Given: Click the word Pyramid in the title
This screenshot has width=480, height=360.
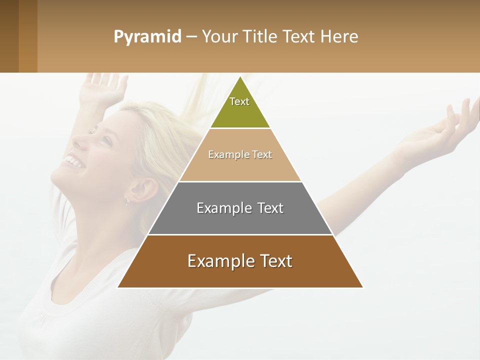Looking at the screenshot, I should tap(147, 37).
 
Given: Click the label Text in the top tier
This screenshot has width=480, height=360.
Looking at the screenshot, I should tap(239, 101).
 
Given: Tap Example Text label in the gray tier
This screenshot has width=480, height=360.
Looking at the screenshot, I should tap(240, 208).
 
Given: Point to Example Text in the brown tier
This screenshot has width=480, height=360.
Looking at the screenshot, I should tap(240, 261).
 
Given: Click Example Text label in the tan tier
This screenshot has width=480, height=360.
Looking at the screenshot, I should tap(240, 154).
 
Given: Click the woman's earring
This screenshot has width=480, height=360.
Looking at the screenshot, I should tap(127, 201).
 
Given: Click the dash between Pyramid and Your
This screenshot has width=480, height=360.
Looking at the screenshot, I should tap(191, 37).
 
